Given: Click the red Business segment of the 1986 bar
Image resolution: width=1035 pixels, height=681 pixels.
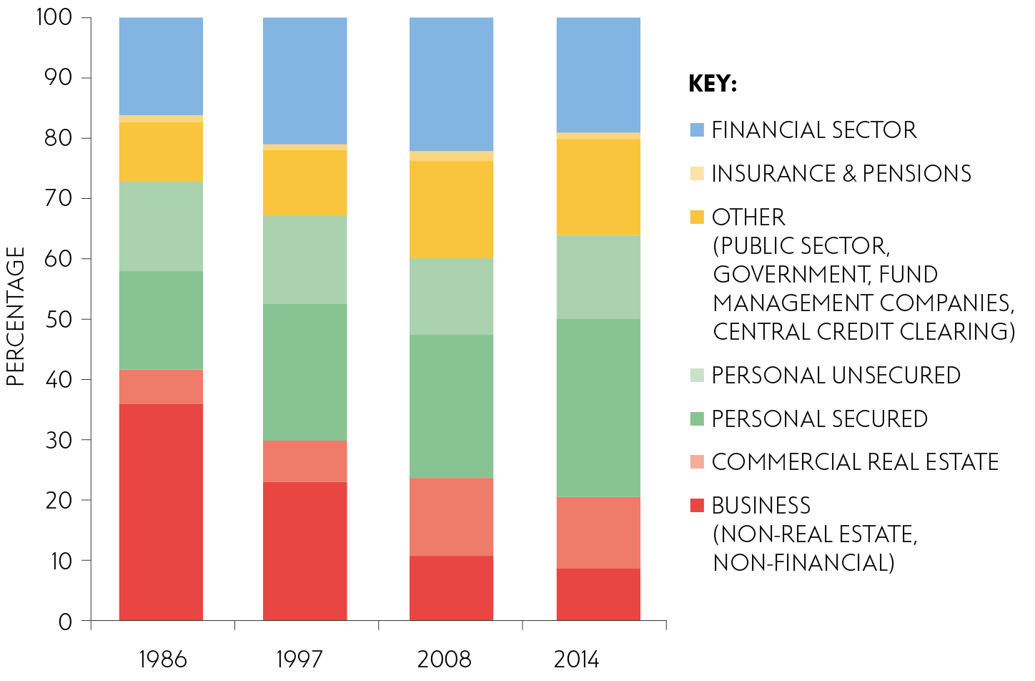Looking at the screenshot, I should pyautogui.click(x=161, y=511).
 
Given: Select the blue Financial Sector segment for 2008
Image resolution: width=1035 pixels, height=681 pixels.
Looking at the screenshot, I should pyautogui.click(x=451, y=84).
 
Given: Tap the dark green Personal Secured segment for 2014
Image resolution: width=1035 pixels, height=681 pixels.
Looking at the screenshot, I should pyautogui.click(x=598, y=408).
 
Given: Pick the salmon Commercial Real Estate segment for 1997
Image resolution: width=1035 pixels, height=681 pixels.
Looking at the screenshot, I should pyautogui.click(x=305, y=461).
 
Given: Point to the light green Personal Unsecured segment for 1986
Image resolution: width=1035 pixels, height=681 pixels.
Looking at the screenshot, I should pyautogui.click(x=161, y=226).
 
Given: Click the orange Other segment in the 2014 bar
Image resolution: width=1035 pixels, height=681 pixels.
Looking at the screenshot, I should pyautogui.click(x=598, y=187).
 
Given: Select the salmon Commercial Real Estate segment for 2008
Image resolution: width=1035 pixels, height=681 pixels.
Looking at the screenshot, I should pyautogui.click(x=451, y=516).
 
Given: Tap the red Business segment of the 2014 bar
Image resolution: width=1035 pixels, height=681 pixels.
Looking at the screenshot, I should pyautogui.click(x=598, y=594).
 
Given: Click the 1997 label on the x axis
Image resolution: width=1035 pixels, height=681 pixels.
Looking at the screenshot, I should pyautogui.click(x=299, y=659).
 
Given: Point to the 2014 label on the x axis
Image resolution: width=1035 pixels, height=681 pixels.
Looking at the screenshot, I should pyautogui.click(x=577, y=659).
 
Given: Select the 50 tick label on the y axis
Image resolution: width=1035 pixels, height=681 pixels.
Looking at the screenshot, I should pyautogui.click(x=59, y=319).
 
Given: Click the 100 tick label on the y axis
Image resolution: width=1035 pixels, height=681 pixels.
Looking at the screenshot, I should pyautogui.click(x=54, y=17).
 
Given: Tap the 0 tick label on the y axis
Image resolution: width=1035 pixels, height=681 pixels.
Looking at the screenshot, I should pyautogui.click(x=65, y=622).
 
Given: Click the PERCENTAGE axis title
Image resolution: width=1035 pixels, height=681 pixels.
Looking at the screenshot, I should pyautogui.click(x=16, y=316).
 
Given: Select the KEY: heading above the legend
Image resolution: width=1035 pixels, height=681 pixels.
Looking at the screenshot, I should pyautogui.click(x=713, y=84).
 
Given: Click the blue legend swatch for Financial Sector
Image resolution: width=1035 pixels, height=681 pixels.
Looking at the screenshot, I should pyautogui.click(x=697, y=130).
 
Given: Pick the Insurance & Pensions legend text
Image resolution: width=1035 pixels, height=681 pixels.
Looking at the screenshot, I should pyautogui.click(x=841, y=174).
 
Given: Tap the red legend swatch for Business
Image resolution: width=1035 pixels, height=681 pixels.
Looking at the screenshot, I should pyautogui.click(x=697, y=506).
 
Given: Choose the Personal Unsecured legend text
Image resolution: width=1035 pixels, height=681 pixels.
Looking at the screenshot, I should pyautogui.click(x=836, y=376).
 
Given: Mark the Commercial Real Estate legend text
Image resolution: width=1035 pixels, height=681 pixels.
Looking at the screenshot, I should pyautogui.click(x=855, y=462).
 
